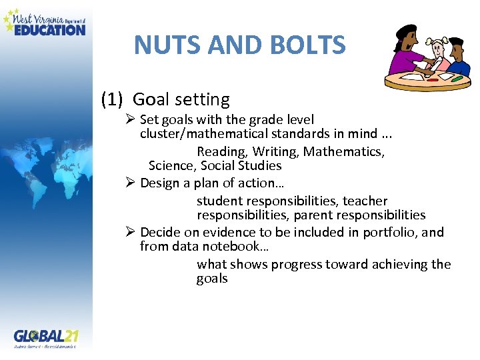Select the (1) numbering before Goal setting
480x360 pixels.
112,100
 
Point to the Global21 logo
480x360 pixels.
45,337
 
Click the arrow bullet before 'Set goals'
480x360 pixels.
131,120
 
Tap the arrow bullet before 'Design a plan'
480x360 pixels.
131,183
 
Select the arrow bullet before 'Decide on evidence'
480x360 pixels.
131,233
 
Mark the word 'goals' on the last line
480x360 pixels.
212,279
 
